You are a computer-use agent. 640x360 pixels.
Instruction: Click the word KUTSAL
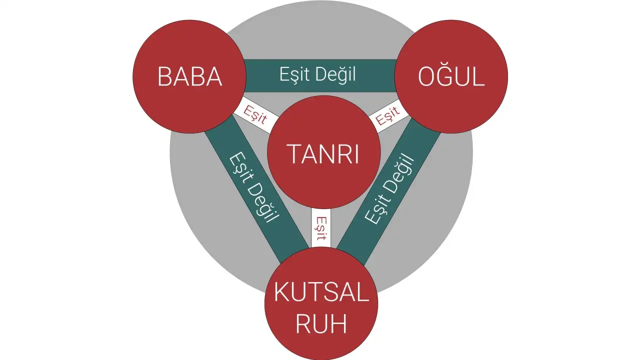pyautogui.click(x=321, y=293)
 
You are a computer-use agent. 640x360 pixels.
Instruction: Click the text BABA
pyautogui.click(x=189, y=77)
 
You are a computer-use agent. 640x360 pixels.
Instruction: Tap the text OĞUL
pyautogui.click(x=451, y=77)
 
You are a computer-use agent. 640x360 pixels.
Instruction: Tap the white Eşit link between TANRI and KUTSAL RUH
pyautogui.click(x=321, y=228)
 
